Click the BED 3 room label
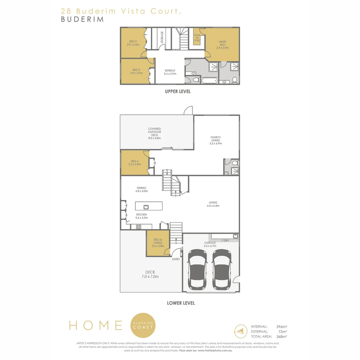coord(133,43)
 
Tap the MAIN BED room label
coord(222,45)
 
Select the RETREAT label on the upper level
coord(170,72)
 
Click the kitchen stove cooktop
coord(139,227)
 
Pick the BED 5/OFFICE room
coord(158,243)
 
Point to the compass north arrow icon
coord(241,331)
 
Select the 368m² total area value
coord(282,337)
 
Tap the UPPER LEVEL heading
coord(178,91)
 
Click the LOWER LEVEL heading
coord(181,303)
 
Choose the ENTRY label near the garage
coord(176,259)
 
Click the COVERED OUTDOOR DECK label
coord(155,133)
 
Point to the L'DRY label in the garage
coord(225,240)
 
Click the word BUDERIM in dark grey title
coord(82,19)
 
